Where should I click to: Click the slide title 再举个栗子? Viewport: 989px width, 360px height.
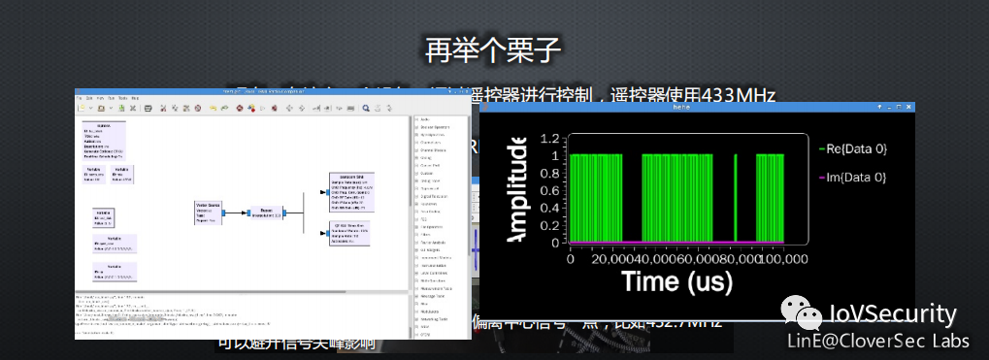[494, 49]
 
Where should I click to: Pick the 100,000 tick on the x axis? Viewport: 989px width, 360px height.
[782, 259]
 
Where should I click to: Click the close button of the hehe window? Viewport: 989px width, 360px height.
[909, 106]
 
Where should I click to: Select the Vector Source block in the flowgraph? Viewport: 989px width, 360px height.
[209, 212]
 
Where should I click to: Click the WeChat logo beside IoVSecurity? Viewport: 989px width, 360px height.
[803, 312]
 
